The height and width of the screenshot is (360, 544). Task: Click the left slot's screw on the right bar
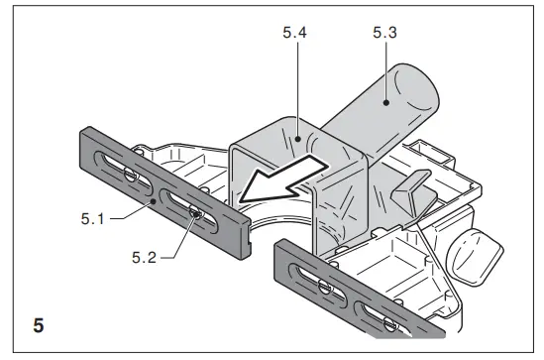323,284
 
